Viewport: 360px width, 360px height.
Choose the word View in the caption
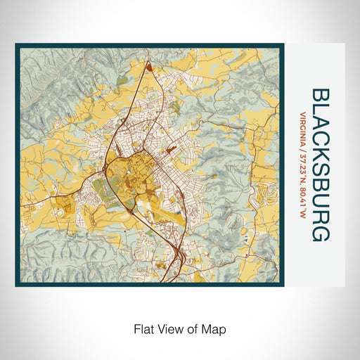[x=167, y=328]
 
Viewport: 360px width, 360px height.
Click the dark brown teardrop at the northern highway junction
[x=149, y=67]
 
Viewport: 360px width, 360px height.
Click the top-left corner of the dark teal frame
[x=17, y=46]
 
